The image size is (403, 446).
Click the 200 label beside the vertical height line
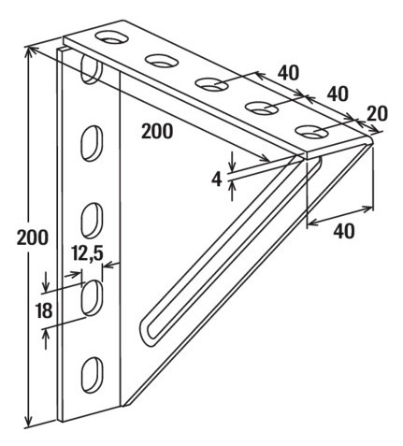tap(33, 237)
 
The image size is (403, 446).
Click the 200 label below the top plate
tap(157, 131)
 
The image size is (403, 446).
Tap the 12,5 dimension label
tap(87, 253)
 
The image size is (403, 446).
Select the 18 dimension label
tap(44, 310)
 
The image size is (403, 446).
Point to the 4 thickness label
tap(217, 180)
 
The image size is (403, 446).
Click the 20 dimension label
tap(377, 113)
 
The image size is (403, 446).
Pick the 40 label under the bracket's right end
tap(344, 231)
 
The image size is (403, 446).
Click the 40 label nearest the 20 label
tap(338, 94)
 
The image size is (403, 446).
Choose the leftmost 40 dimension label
tap(288, 73)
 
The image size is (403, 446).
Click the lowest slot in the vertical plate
tap(92, 375)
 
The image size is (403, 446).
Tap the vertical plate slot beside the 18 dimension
tap(92, 297)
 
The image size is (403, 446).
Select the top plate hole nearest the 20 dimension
tap(311, 132)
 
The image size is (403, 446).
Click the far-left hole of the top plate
tap(112, 37)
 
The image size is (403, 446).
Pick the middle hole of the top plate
tap(211, 84)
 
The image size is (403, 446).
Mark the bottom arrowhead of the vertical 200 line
tap(28, 421)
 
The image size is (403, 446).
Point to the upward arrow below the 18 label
tap(46, 338)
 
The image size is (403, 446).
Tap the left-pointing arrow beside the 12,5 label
tap(111, 266)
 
